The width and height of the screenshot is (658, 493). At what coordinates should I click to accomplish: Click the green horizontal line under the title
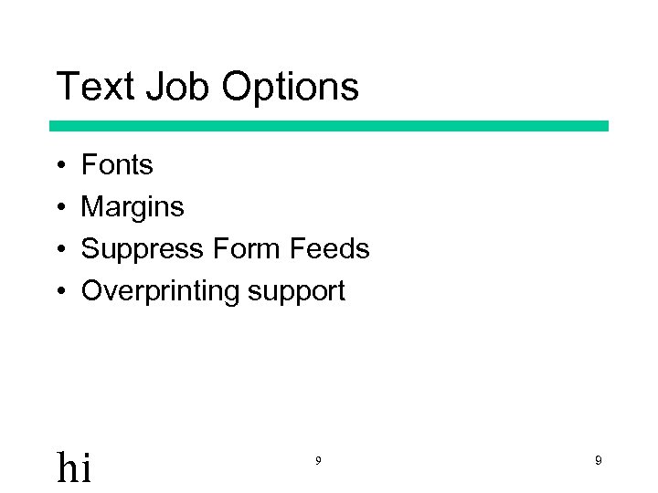[329, 126]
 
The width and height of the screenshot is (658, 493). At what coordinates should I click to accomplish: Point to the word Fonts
[117, 165]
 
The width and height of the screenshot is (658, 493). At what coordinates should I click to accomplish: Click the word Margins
[133, 207]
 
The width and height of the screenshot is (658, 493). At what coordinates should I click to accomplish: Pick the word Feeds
[329, 249]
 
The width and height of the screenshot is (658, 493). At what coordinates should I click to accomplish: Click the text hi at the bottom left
[74, 467]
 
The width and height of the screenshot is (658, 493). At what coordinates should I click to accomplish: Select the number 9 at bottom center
[318, 461]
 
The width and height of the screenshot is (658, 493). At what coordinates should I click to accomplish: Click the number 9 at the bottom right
[598, 461]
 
